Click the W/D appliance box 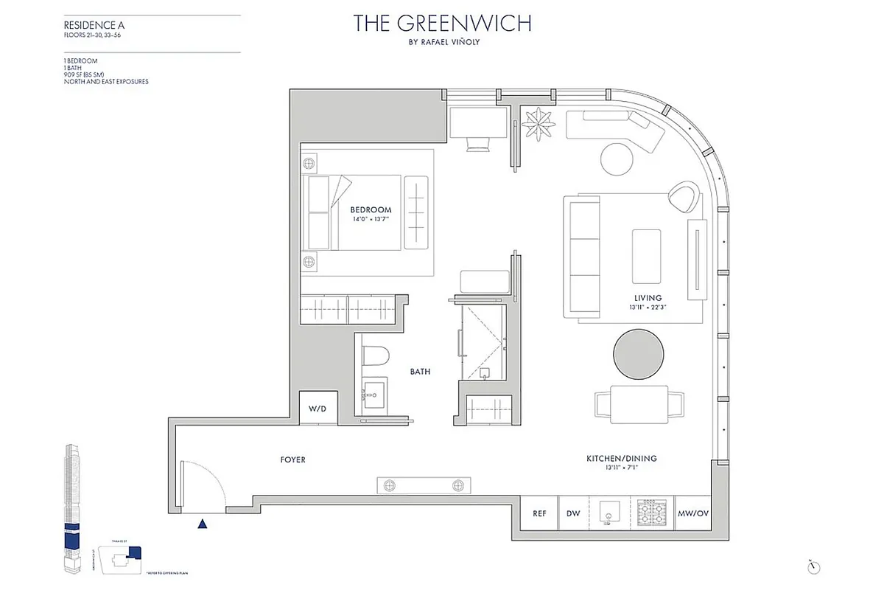click(318, 408)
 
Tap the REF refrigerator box click(539, 514)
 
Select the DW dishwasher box click(573, 514)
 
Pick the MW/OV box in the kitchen click(692, 514)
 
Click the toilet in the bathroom click(376, 358)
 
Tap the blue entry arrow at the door click(203, 524)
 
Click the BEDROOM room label click(371, 209)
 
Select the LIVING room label click(642, 298)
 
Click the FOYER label click(292, 460)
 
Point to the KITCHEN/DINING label click(621, 459)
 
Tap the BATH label click(421, 372)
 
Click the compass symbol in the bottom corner click(814, 565)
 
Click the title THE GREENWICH click(442, 23)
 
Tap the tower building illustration click(71, 509)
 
